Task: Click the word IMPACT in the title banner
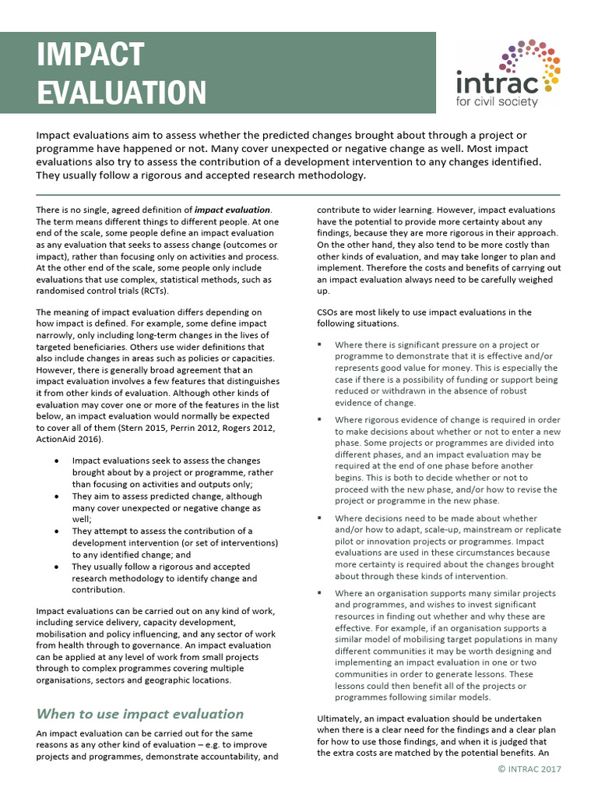(x=90, y=55)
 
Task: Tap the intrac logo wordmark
(x=496, y=80)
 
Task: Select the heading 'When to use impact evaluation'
(x=140, y=713)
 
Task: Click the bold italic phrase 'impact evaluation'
(x=232, y=210)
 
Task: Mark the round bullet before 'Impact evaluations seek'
(x=58, y=461)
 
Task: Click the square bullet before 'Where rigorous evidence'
(x=320, y=419)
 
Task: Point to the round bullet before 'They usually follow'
(x=58, y=567)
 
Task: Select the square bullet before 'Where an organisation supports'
(x=320, y=592)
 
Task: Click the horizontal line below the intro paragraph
(x=298, y=194)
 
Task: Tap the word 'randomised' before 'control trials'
(x=61, y=291)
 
